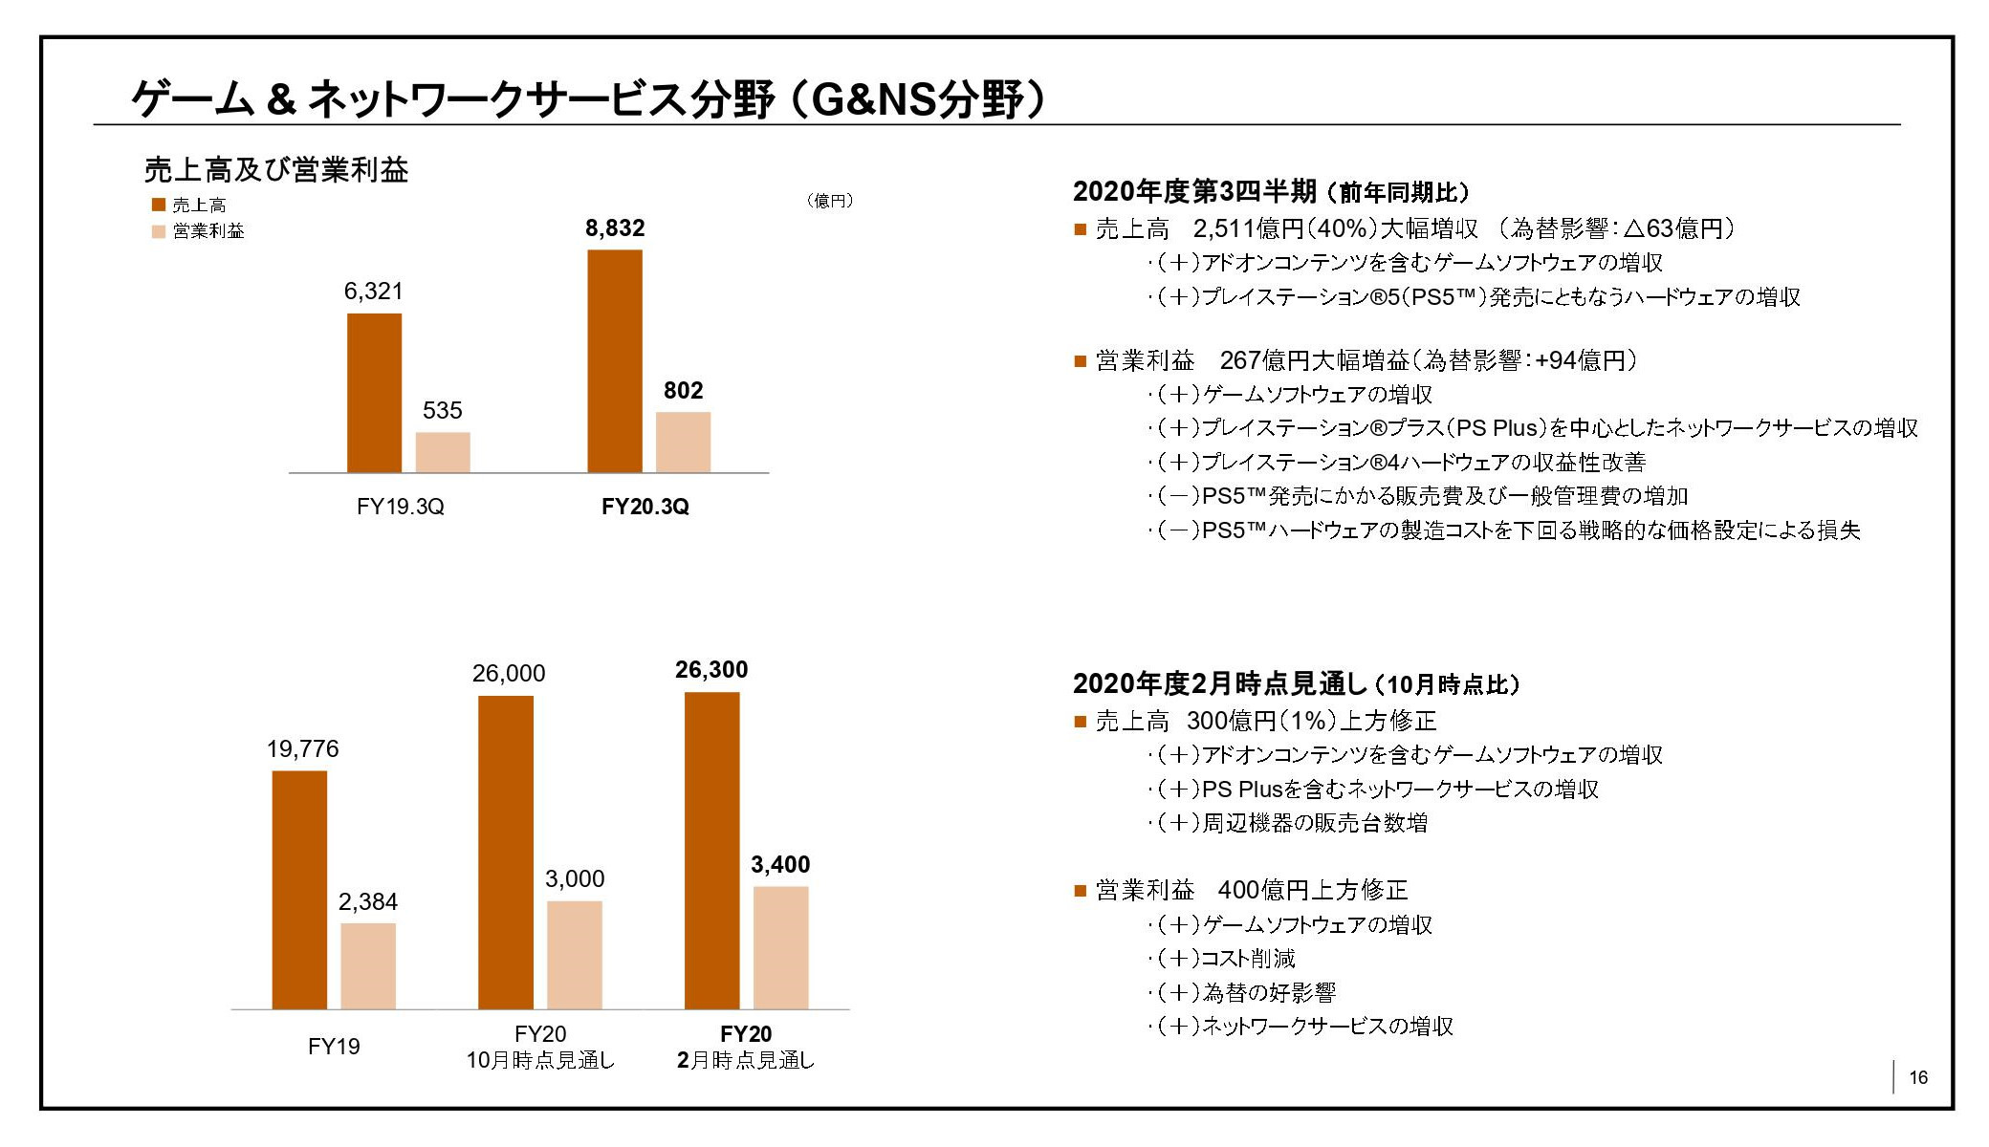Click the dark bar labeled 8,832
pyautogui.click(x=614, y=361)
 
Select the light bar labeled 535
pyautogui.click(x=443, y=452)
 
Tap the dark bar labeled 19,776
pyautogui.click(x=299, y=890)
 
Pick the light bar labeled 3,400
pyautogui.click(x=780, y=947)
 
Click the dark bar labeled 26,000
pyautogui.click(x=506, y=852)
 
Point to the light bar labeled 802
pyautogui.click(x=683, y=443)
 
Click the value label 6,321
pyautogui.click(x=374, y=292)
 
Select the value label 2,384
pyautogui.click(x=368, y=901)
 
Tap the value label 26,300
pyautogui.click(x=711, y=670)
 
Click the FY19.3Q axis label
pyautogui.click(x=400, y=507)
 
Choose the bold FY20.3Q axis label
pyautogui.click(x=645, y=507)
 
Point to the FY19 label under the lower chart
pyautogui.click(x=334, y=1047)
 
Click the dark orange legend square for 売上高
pyautogui.click(x=159, y=205)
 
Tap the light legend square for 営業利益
pyautogui.click(x=159, y=231)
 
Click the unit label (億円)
pyautogui.click(x=829, y=201)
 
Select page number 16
pyautogui.click(x=1918, y=1077)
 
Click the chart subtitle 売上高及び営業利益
pyautogui.click(x=276, y=170)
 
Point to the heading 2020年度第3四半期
pyautogui.click(x=1195, y=192)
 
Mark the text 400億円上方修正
pyautogui.click(x=1313, y=891)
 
